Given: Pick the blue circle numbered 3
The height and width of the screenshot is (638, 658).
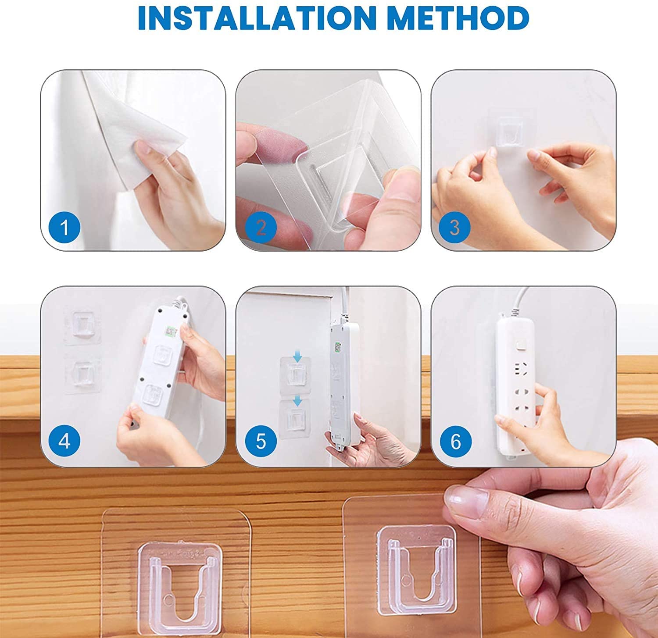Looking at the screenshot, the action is coord(454,228).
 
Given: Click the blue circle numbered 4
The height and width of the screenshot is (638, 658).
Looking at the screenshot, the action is coord(64,441).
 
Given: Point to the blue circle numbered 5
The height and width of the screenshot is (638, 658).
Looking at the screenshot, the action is coord(261,441).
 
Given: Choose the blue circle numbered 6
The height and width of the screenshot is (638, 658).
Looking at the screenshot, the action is coord(455,441).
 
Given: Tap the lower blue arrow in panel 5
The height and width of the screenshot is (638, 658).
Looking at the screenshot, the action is coord(297,400).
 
